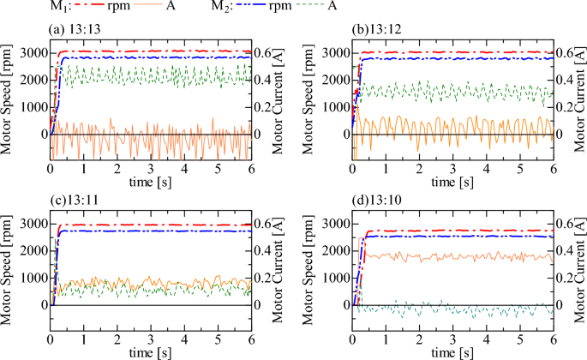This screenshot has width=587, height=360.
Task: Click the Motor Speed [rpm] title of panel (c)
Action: tap(8, 266)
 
